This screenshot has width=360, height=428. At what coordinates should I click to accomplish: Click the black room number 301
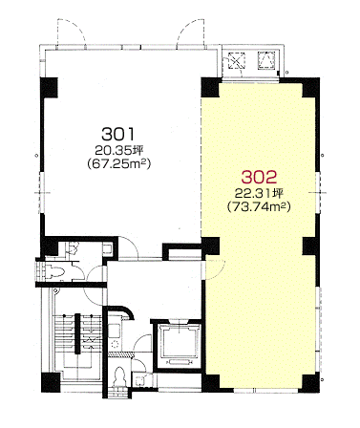(x=118, y=134)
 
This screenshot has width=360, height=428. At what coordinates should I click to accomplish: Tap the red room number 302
(x=259, y=177)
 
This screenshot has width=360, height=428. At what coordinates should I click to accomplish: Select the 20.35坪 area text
(x=118, y=150)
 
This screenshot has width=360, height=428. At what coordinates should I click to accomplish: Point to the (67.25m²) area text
(x=118, y=163)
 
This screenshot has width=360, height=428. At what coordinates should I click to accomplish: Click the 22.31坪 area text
(x=259, y=193)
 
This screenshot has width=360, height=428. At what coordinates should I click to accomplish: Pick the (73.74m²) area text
(x=259, y=207)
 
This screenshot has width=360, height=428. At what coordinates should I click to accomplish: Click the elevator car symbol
(x=180, y=343)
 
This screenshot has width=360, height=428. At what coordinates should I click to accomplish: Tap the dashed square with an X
(x=237, y=60)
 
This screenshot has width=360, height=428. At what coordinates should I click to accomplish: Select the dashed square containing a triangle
(x=266, y=60)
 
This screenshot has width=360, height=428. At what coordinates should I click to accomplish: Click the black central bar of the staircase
(x=77, y=333)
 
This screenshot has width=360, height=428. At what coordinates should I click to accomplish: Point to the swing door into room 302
(x=216, y=269)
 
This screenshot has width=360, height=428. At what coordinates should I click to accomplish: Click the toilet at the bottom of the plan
(x=119, y=377)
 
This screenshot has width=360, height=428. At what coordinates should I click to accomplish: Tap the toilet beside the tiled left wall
(x=55, y=271)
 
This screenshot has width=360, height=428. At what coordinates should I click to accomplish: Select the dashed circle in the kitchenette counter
(x=115, y=344)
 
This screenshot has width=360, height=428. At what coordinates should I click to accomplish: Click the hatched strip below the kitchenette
(x=120, y=353)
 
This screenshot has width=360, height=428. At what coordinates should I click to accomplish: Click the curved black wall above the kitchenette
(x=121, y=311)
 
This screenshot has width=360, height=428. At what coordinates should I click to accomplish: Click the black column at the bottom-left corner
(x=51, y=382)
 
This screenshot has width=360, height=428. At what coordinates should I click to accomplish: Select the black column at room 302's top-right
(x=311, y=87)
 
